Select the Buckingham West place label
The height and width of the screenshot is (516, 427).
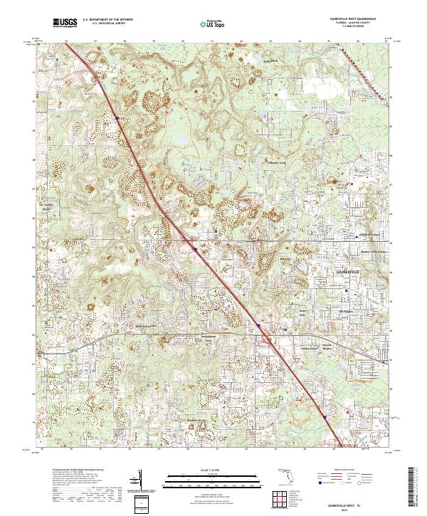click(x=204, y=339)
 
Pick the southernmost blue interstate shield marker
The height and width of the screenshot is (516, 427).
click(x=324, y=418)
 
